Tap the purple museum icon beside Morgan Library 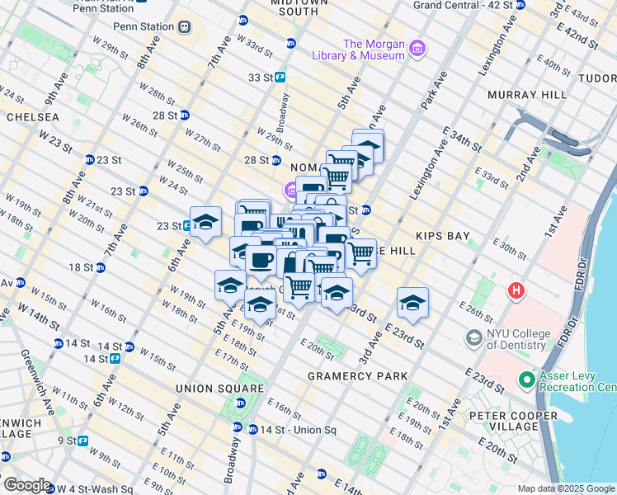[x=418, y=49]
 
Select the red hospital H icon [x=516, y=290]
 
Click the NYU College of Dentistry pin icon [x=474, y=337]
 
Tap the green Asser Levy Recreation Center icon [x=526, y=380]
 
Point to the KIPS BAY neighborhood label [x=443, y=236]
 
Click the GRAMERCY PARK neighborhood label [x=357, y=376]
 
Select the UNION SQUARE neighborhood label [x=219, y=388]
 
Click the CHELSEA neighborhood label [x=32, y=118]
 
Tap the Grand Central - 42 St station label [x=462, y=5]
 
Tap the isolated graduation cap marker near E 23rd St [x=412, y=303]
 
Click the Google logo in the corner [x=26, y=485]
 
